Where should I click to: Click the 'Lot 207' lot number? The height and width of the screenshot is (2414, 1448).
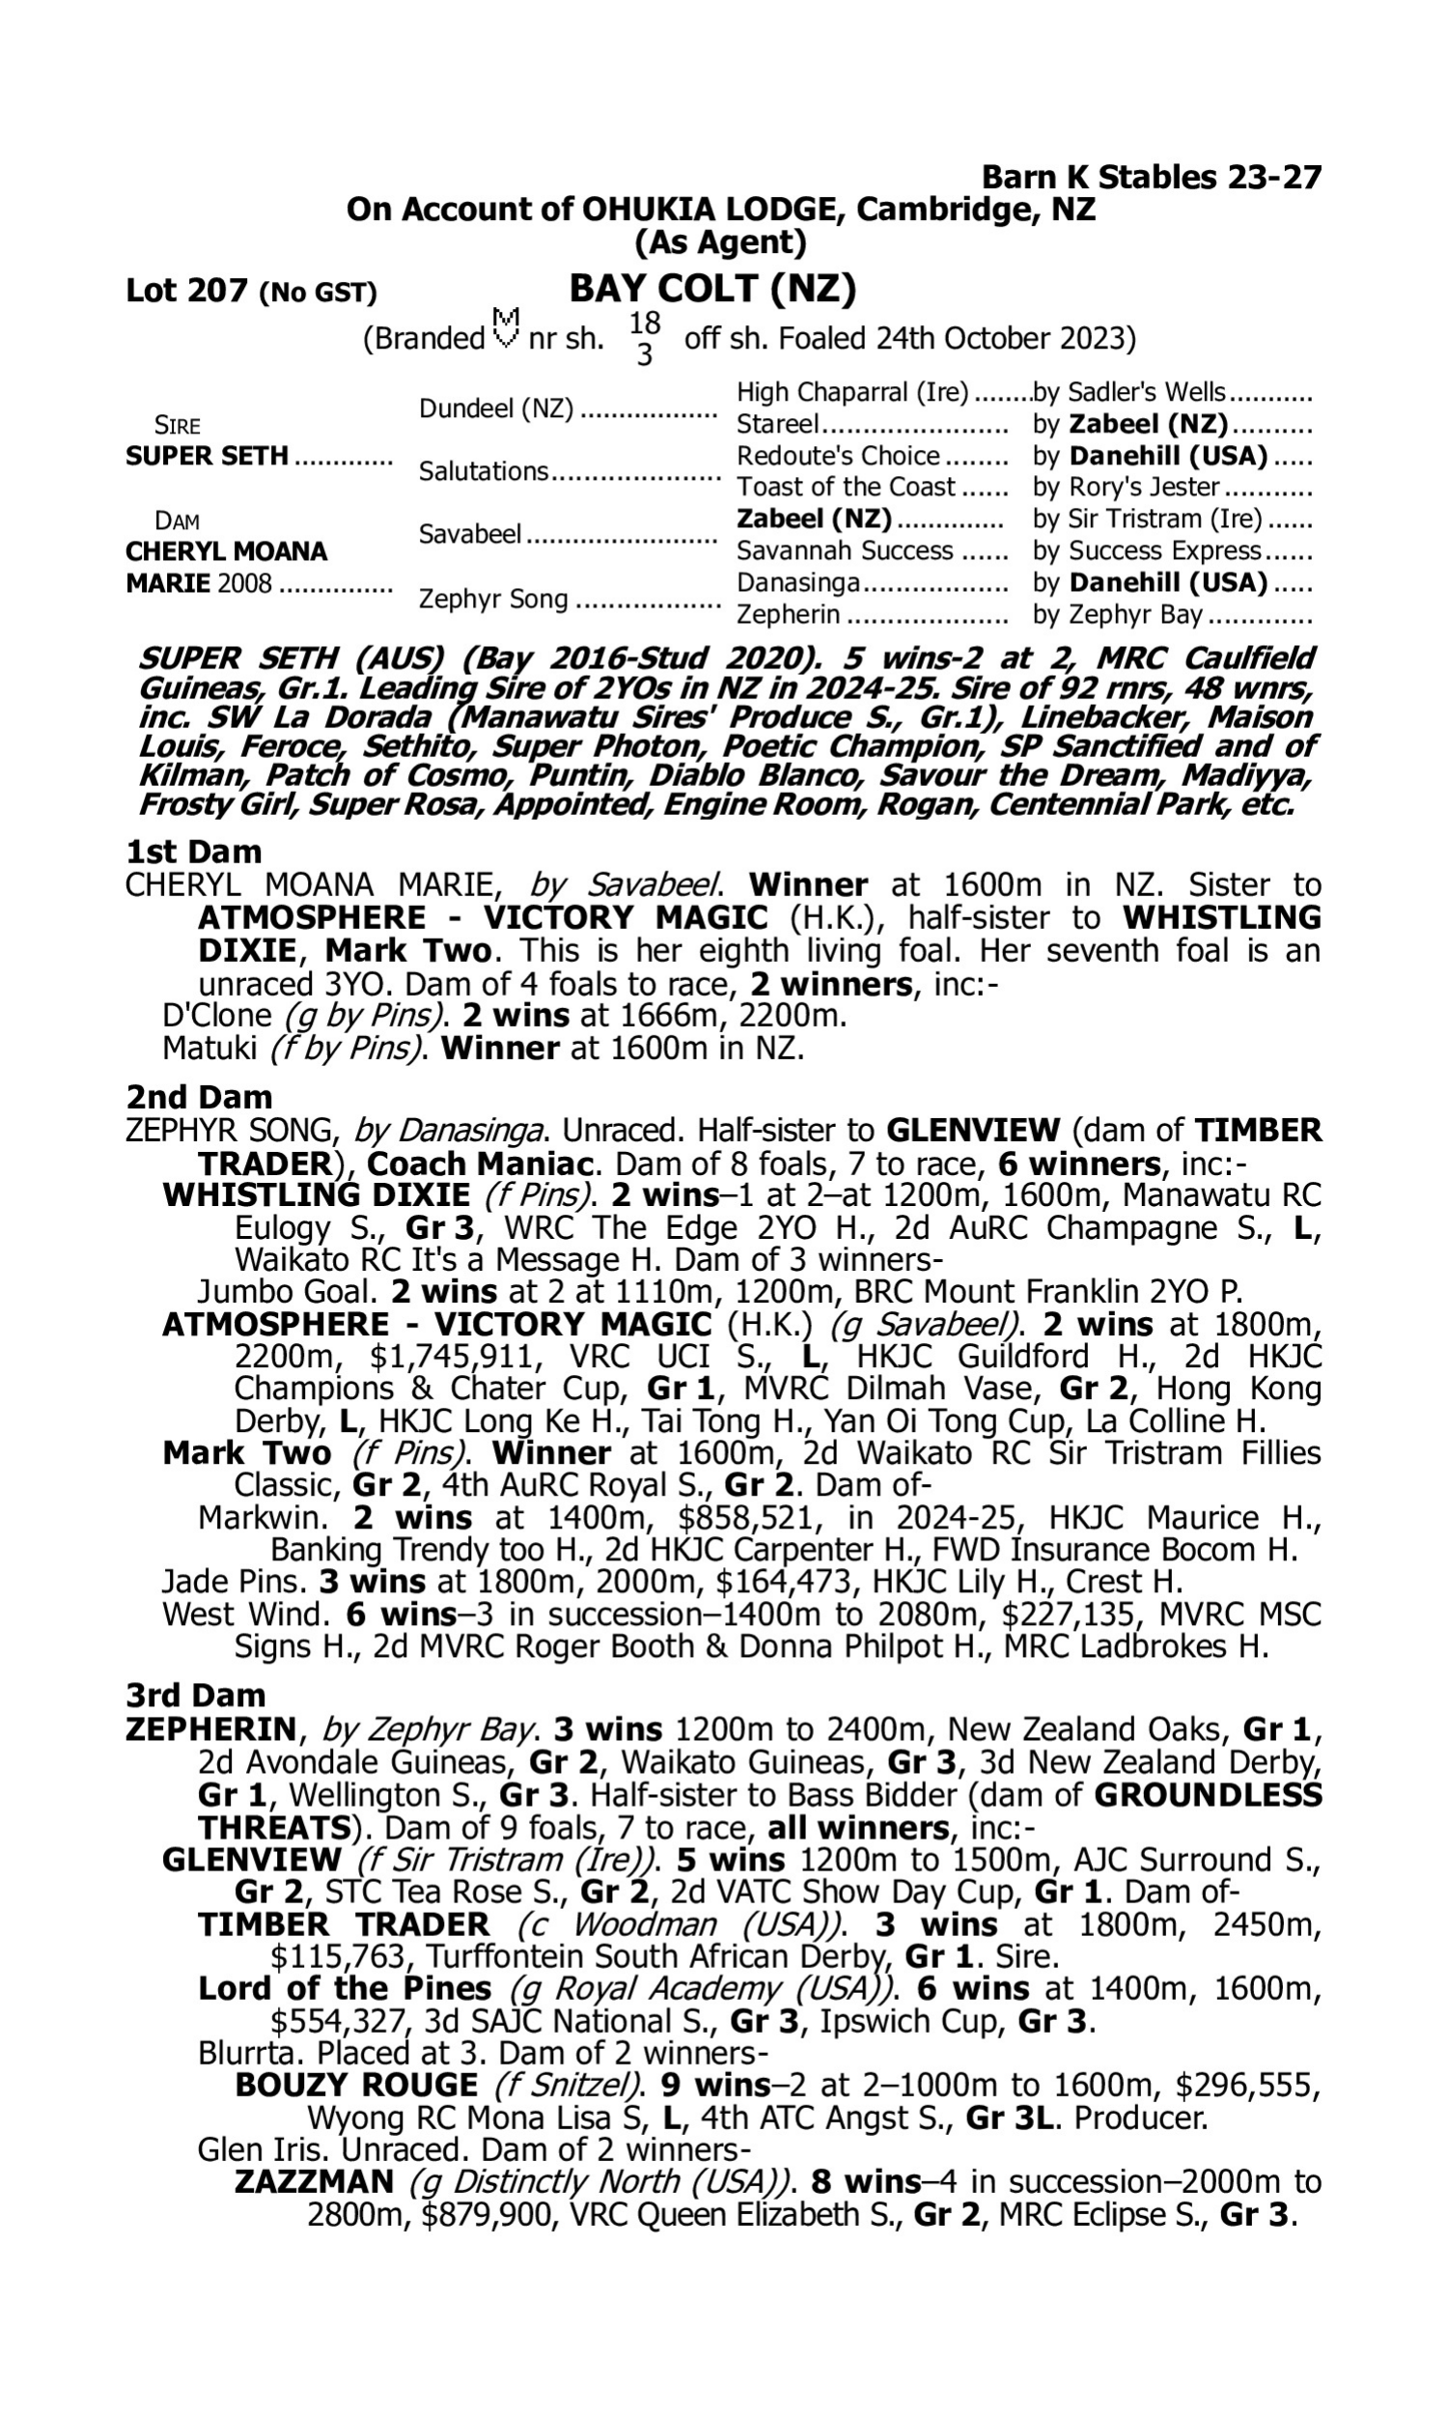tap(187, 291)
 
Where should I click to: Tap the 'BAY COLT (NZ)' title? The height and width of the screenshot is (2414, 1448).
tap(712, 289)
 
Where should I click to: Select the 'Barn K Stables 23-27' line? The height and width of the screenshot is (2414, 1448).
tap(1151, 178)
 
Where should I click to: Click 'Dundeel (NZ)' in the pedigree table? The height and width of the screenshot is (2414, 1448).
tap(495, 408)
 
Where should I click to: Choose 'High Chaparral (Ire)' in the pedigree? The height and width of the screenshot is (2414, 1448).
tap(851, 392)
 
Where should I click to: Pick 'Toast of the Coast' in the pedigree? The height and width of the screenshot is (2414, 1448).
tap(845, 487)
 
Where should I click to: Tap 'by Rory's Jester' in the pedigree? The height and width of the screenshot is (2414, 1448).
tap(1126, 487)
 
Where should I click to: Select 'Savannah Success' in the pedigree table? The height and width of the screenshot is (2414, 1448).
tap(844, 551)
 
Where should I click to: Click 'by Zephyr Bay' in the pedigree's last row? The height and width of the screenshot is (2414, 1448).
tap(1117, 616)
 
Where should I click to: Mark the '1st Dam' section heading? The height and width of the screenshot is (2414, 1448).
tap(193, 852)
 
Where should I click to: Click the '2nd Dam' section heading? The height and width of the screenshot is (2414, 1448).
tap(199, 1098)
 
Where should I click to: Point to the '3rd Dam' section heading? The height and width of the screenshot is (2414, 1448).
tap(196, 1696)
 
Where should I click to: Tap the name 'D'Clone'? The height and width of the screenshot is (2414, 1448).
tap(216, 1016)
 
